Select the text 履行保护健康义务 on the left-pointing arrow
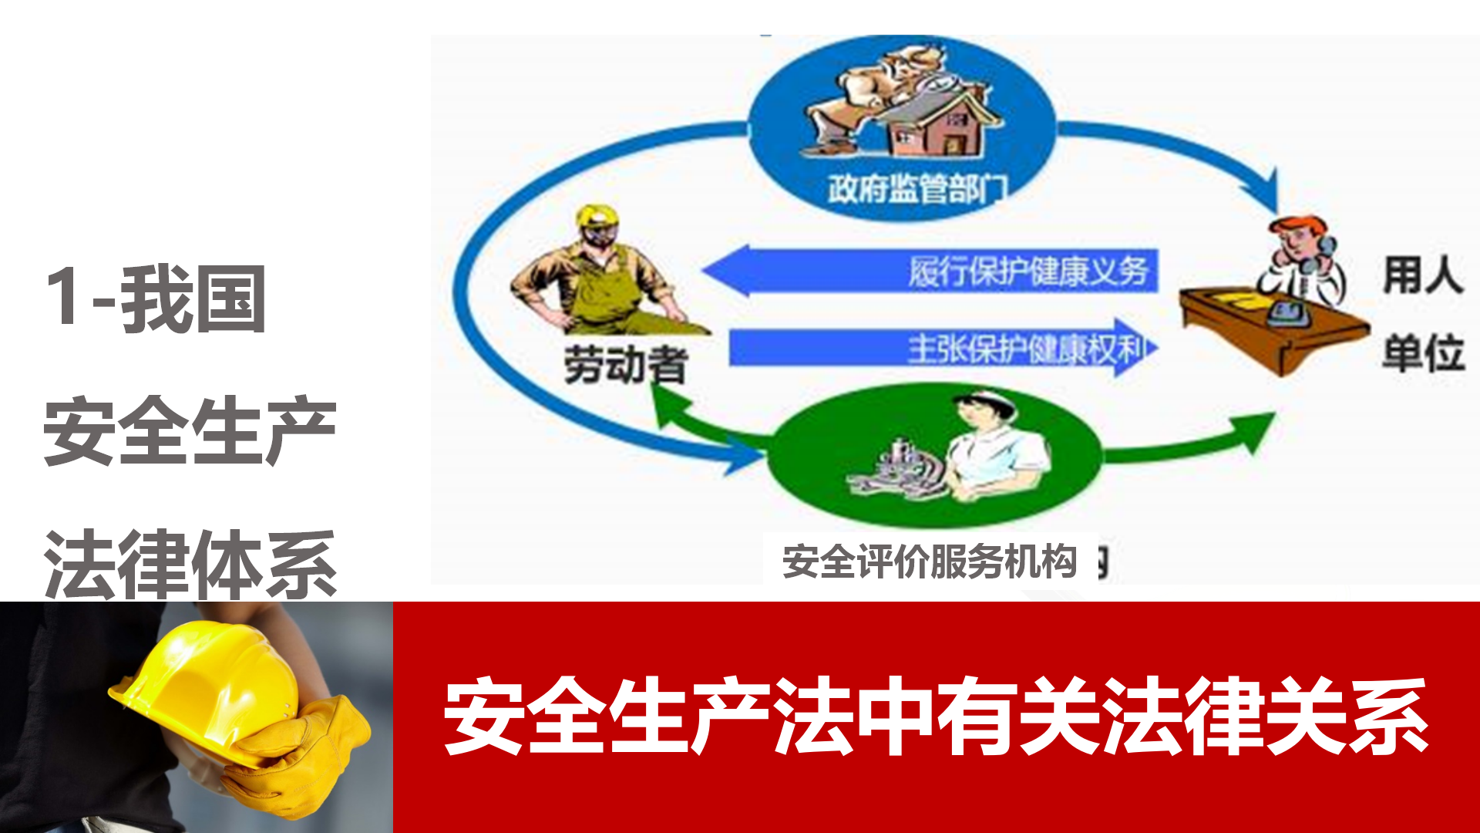pos(1028,271)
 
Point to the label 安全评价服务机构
pos(930,561)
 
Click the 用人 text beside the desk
pos(1423,275)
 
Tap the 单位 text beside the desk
pos(1423,353)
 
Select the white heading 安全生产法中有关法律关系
pos(936,717)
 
